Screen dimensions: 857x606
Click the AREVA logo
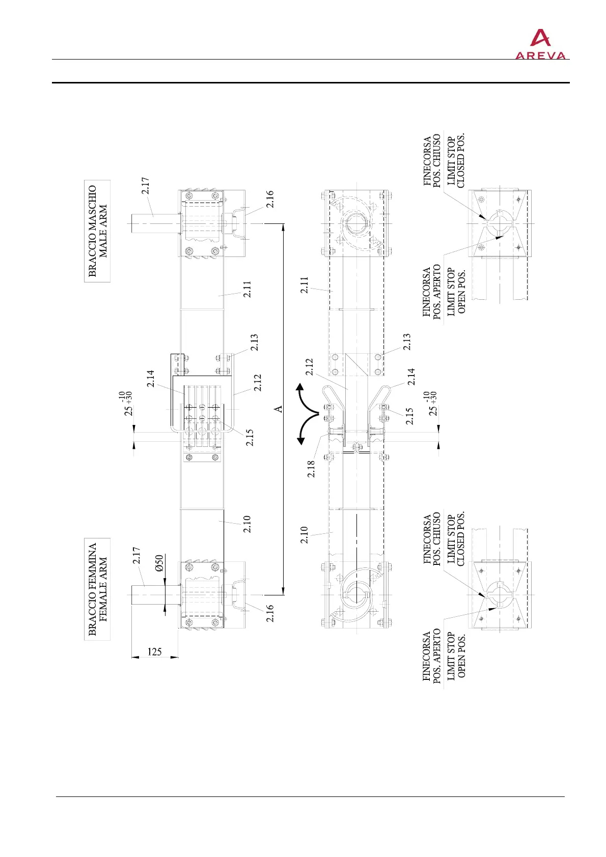tap(540, 45)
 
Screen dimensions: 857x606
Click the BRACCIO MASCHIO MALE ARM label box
tap(97, 231)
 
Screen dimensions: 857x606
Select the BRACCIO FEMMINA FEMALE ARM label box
tap(97, 589)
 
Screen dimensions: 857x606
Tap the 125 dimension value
tap(154, 651)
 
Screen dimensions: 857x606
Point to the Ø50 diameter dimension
tap(159, 563)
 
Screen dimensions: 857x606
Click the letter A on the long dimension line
tap(279, 409)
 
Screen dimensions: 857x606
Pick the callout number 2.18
tap(311, 468)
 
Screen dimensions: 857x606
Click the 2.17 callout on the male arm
tap(146, 185)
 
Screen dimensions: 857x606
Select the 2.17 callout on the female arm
tap(137, 555)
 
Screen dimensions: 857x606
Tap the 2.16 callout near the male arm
tap(270, 198)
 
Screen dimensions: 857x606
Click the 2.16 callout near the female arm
tap(270, 613)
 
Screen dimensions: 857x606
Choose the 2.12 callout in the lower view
tap(309, 367)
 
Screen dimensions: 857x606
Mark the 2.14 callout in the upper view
tap(151, 378)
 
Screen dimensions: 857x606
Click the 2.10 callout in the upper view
tap(247, 524)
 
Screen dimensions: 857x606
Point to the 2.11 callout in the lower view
tap(304, 285)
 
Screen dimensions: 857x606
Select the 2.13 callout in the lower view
tap(407, 341)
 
